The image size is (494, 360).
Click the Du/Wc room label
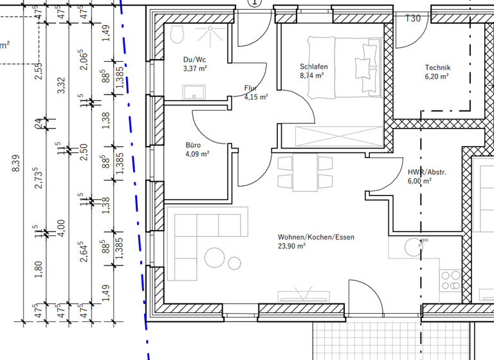195,60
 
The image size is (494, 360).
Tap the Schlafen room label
314,67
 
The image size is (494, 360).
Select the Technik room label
437,67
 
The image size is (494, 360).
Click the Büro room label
193,145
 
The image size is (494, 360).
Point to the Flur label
251,88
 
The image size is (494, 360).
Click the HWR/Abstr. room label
427,172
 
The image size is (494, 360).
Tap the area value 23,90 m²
291,246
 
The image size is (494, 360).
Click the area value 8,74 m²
311,75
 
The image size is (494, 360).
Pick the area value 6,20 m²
437,76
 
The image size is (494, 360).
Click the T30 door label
412,19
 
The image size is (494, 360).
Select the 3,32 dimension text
61,85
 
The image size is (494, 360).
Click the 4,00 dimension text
61,227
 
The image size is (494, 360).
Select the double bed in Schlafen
344,67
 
